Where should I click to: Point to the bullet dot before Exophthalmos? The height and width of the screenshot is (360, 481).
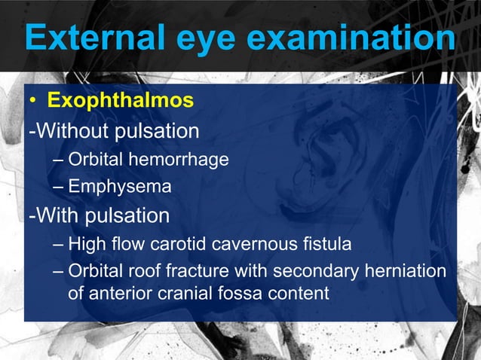(33, 101)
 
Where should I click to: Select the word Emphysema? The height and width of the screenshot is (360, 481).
(121, 187)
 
